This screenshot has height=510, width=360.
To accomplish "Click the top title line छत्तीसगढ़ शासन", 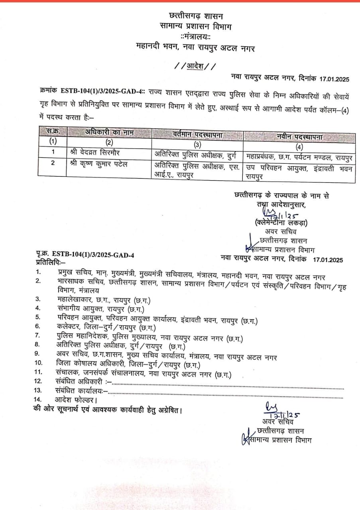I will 196,16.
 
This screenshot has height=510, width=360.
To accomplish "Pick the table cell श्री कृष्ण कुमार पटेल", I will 98,163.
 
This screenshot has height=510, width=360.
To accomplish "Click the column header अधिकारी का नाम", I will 109,132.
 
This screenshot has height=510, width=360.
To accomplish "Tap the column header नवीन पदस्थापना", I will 300,137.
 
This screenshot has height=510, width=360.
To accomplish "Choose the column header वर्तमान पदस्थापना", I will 198,135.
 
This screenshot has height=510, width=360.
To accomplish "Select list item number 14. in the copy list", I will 38,399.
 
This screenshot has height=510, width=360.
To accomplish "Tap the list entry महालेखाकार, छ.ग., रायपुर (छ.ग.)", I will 104,300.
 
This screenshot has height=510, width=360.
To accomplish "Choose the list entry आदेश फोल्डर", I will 76,399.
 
